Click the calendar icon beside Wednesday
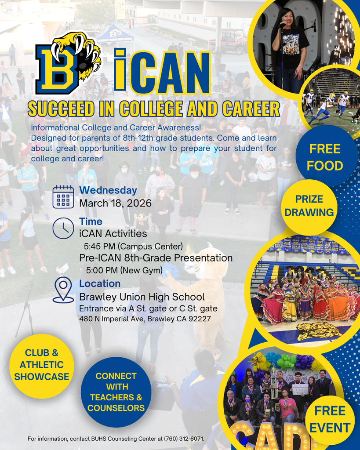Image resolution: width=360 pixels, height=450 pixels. coord(63,196)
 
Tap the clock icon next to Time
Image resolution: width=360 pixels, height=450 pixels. coord(63,228)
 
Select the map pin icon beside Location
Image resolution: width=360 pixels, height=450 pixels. coord(63,290)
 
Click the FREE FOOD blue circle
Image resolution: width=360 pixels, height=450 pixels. coord(325,157)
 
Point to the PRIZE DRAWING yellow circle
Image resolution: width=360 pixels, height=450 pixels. coord(309,206)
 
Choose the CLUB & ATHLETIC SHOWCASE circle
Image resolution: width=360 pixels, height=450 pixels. coord(41,365)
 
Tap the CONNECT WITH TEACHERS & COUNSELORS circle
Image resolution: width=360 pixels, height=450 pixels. coord(116,392)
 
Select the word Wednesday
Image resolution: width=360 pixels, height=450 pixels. coord(108,190)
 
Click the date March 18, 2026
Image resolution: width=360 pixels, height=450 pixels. coord(115,203)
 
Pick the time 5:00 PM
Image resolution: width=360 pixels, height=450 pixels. coord(102,270)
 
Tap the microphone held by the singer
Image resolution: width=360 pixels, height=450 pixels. coord(282,25)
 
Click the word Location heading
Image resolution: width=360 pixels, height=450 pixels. coord(100,283)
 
